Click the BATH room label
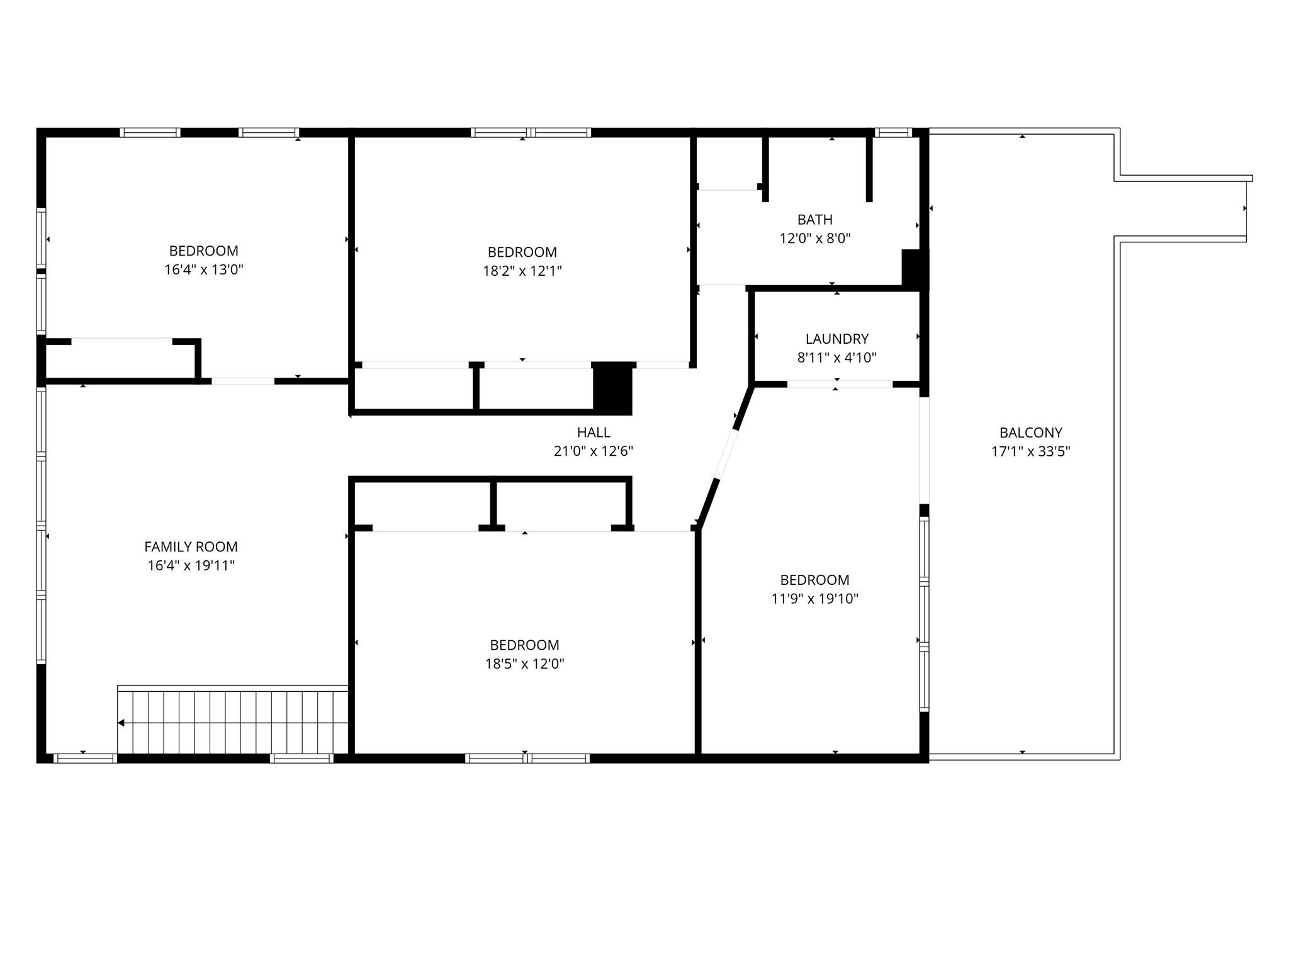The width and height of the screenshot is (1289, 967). tap(814, 220)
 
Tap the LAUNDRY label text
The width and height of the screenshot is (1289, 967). tap(836, 339)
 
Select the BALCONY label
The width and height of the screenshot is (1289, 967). tap(1030, 433)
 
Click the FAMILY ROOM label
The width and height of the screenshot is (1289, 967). tap(191, 547)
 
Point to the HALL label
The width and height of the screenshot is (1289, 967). tap(594, 433)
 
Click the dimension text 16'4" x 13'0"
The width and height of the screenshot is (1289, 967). tap(203, 270)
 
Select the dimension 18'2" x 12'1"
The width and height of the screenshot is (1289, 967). tap(522, 271)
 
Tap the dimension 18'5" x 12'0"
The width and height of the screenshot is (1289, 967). tap(524, 664)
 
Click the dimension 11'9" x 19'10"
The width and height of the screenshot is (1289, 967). tap(814, 599)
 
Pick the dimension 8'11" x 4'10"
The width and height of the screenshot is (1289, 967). tap(836, 358)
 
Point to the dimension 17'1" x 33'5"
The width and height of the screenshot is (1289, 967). tap(1030, 451)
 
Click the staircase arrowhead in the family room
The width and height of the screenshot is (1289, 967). tap(121, 723)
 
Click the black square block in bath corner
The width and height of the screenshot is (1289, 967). tap(915, 269)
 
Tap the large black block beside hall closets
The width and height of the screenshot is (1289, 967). tap(613, 388)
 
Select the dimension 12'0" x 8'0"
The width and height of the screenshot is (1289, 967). tap(814, 239)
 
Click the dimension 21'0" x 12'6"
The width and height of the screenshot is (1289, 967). tap(594, 451)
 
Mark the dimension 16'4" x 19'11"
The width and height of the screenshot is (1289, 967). tap(191, 566)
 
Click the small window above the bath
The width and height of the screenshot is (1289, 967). tap(893, 132)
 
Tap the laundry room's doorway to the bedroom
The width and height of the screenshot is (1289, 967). tap(840, 384)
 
